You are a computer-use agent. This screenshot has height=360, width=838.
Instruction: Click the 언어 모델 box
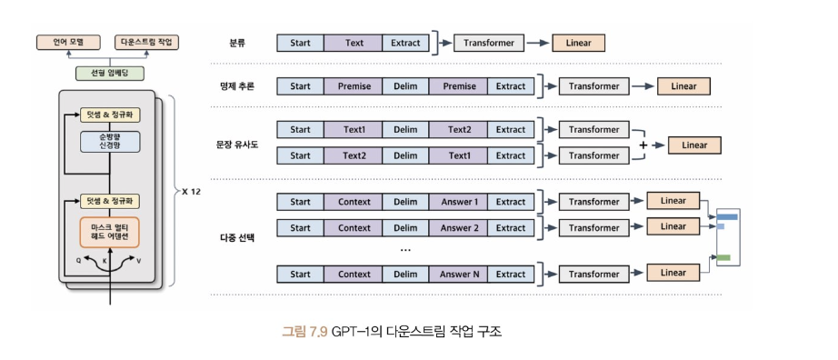coord(68,42)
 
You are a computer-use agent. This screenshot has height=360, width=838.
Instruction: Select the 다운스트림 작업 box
coord(146,42)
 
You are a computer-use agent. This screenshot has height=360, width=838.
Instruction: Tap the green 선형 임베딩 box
coord(110,74)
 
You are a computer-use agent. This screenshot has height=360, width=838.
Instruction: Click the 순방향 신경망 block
coord(110,142)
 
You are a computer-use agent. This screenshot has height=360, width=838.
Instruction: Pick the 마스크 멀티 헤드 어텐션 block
coord(110,232)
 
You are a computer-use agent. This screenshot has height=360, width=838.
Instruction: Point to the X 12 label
coord(191,191)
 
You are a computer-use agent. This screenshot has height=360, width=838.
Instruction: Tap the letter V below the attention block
coord(138,262)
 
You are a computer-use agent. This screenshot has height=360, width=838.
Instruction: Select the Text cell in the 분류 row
coord(354,43)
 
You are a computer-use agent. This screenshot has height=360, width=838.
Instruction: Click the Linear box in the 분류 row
coord(578,43)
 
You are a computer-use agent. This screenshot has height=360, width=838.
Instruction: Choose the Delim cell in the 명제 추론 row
coord(405,86)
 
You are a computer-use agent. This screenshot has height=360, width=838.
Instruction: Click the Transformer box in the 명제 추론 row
coord(594,86)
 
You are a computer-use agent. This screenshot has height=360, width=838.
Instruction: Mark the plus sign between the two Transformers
coord(643,145)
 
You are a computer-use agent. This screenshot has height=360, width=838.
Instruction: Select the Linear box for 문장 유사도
coord(694,145)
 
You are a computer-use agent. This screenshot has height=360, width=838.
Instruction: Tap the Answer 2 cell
coord(459,228)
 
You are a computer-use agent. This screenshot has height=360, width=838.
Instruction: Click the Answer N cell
coord(459,275)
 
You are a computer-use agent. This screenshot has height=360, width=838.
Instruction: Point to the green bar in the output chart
coord(723,257)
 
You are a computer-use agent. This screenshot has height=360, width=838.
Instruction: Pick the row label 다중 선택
coord(236,237)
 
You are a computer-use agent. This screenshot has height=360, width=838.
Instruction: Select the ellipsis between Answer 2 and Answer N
coord(405,250)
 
